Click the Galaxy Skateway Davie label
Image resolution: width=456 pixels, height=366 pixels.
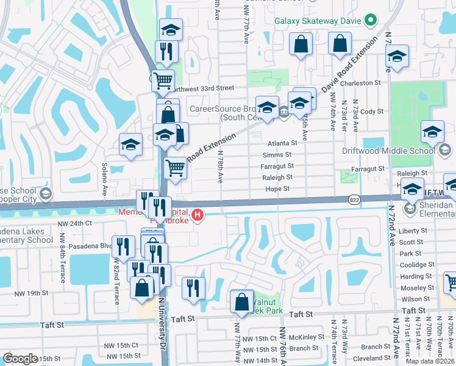point(318,21)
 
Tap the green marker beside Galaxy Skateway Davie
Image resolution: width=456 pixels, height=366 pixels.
point(369,21)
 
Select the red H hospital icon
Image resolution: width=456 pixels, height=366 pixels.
point(197,215)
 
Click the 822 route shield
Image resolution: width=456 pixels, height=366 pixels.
point(354,199)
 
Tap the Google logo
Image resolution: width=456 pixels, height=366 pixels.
point(20,359)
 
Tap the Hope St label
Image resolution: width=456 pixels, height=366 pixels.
point(277,189)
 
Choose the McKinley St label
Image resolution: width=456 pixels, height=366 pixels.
point(307,337)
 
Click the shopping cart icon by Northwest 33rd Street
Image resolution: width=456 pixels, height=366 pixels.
point(163,80)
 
